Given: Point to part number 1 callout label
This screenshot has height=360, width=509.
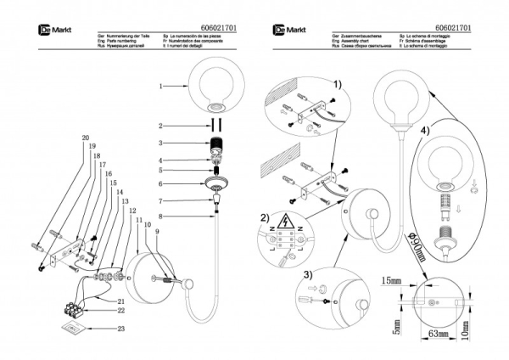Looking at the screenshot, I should pyautogui.click(x=161, y=86).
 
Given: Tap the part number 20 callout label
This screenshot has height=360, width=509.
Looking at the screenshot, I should pyautogui.click(x=85, y=138).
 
